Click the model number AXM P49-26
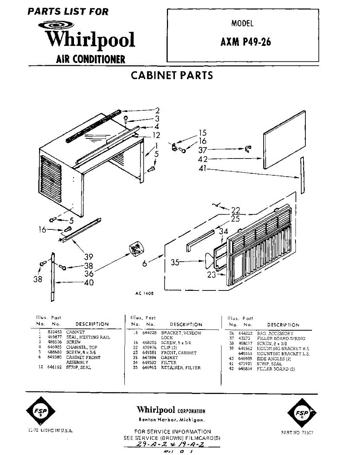[x=246, y=41]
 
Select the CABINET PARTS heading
[x=172, y=75]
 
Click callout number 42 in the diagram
[x=203, y=159]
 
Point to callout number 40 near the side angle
[x=88, y=282]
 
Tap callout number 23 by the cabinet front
[x=211, y=275]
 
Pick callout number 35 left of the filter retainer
[x=175, y=262]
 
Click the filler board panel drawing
[x=285, y=140]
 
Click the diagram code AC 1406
[x=144, y=293]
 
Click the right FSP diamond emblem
[x=302, y=412]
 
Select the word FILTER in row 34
[x=169, y=362]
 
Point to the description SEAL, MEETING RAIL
[x=88, y=337]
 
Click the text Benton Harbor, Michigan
[x=171, y=420]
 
